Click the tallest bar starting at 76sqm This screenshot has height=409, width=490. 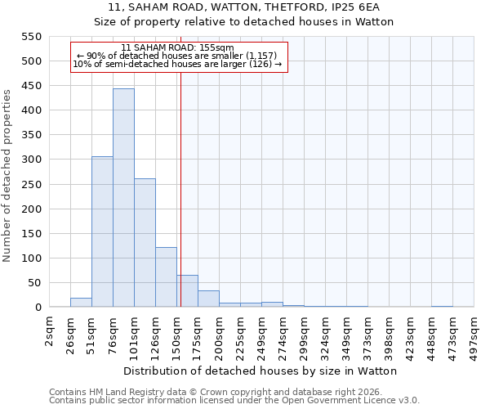tap(123, 198)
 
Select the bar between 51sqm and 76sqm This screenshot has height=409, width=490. tap(102, 231)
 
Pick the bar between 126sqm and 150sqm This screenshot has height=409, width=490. tap(166, 277)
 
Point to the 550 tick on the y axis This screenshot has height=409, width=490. tap(29, 37)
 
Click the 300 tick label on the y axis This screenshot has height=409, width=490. tap(29, 160)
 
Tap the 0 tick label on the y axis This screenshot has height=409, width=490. tap(37, 308)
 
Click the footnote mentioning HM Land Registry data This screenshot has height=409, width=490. tap(220, 392)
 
